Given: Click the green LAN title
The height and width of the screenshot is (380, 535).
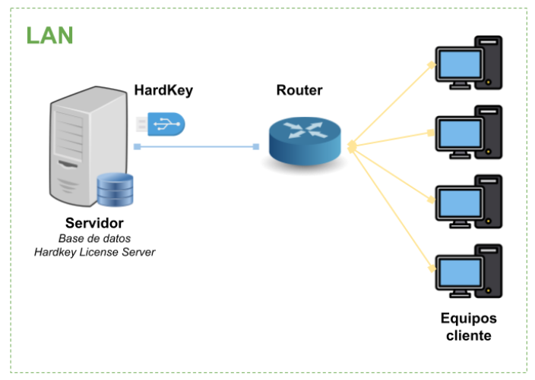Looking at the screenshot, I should pos(49,36).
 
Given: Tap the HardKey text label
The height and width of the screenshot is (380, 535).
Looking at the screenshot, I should pos(163,90).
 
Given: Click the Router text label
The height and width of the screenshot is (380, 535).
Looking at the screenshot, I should pos(299,90).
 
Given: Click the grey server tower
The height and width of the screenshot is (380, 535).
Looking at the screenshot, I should pos(80,148).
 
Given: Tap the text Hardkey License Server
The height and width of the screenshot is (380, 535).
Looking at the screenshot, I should pos(94,252).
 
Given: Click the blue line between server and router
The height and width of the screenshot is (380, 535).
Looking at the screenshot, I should pos(196,146).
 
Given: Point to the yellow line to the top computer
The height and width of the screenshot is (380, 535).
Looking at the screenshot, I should pos(391,102).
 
